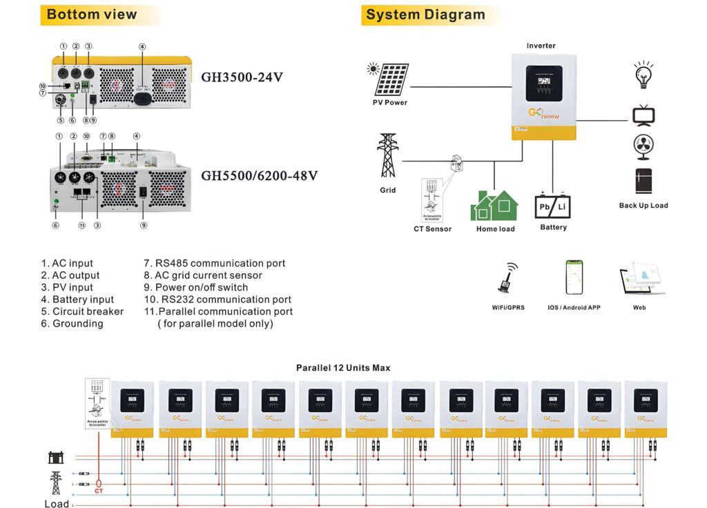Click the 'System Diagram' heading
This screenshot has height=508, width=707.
point(425,14)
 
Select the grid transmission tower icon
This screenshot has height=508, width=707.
point(388,156)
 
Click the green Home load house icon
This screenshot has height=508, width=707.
point(495,205)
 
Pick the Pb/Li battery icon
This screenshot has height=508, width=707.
point(553,205)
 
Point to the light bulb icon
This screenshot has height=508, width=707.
point(643,75)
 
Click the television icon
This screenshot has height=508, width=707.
point(643,115)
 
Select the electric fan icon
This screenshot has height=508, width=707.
point(643,147)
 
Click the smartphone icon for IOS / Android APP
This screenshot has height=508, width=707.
point(574,277)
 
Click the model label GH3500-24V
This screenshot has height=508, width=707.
point(242,77)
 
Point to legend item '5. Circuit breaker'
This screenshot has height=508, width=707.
point(82,311)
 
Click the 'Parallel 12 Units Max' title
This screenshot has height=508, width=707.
point(343,368)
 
